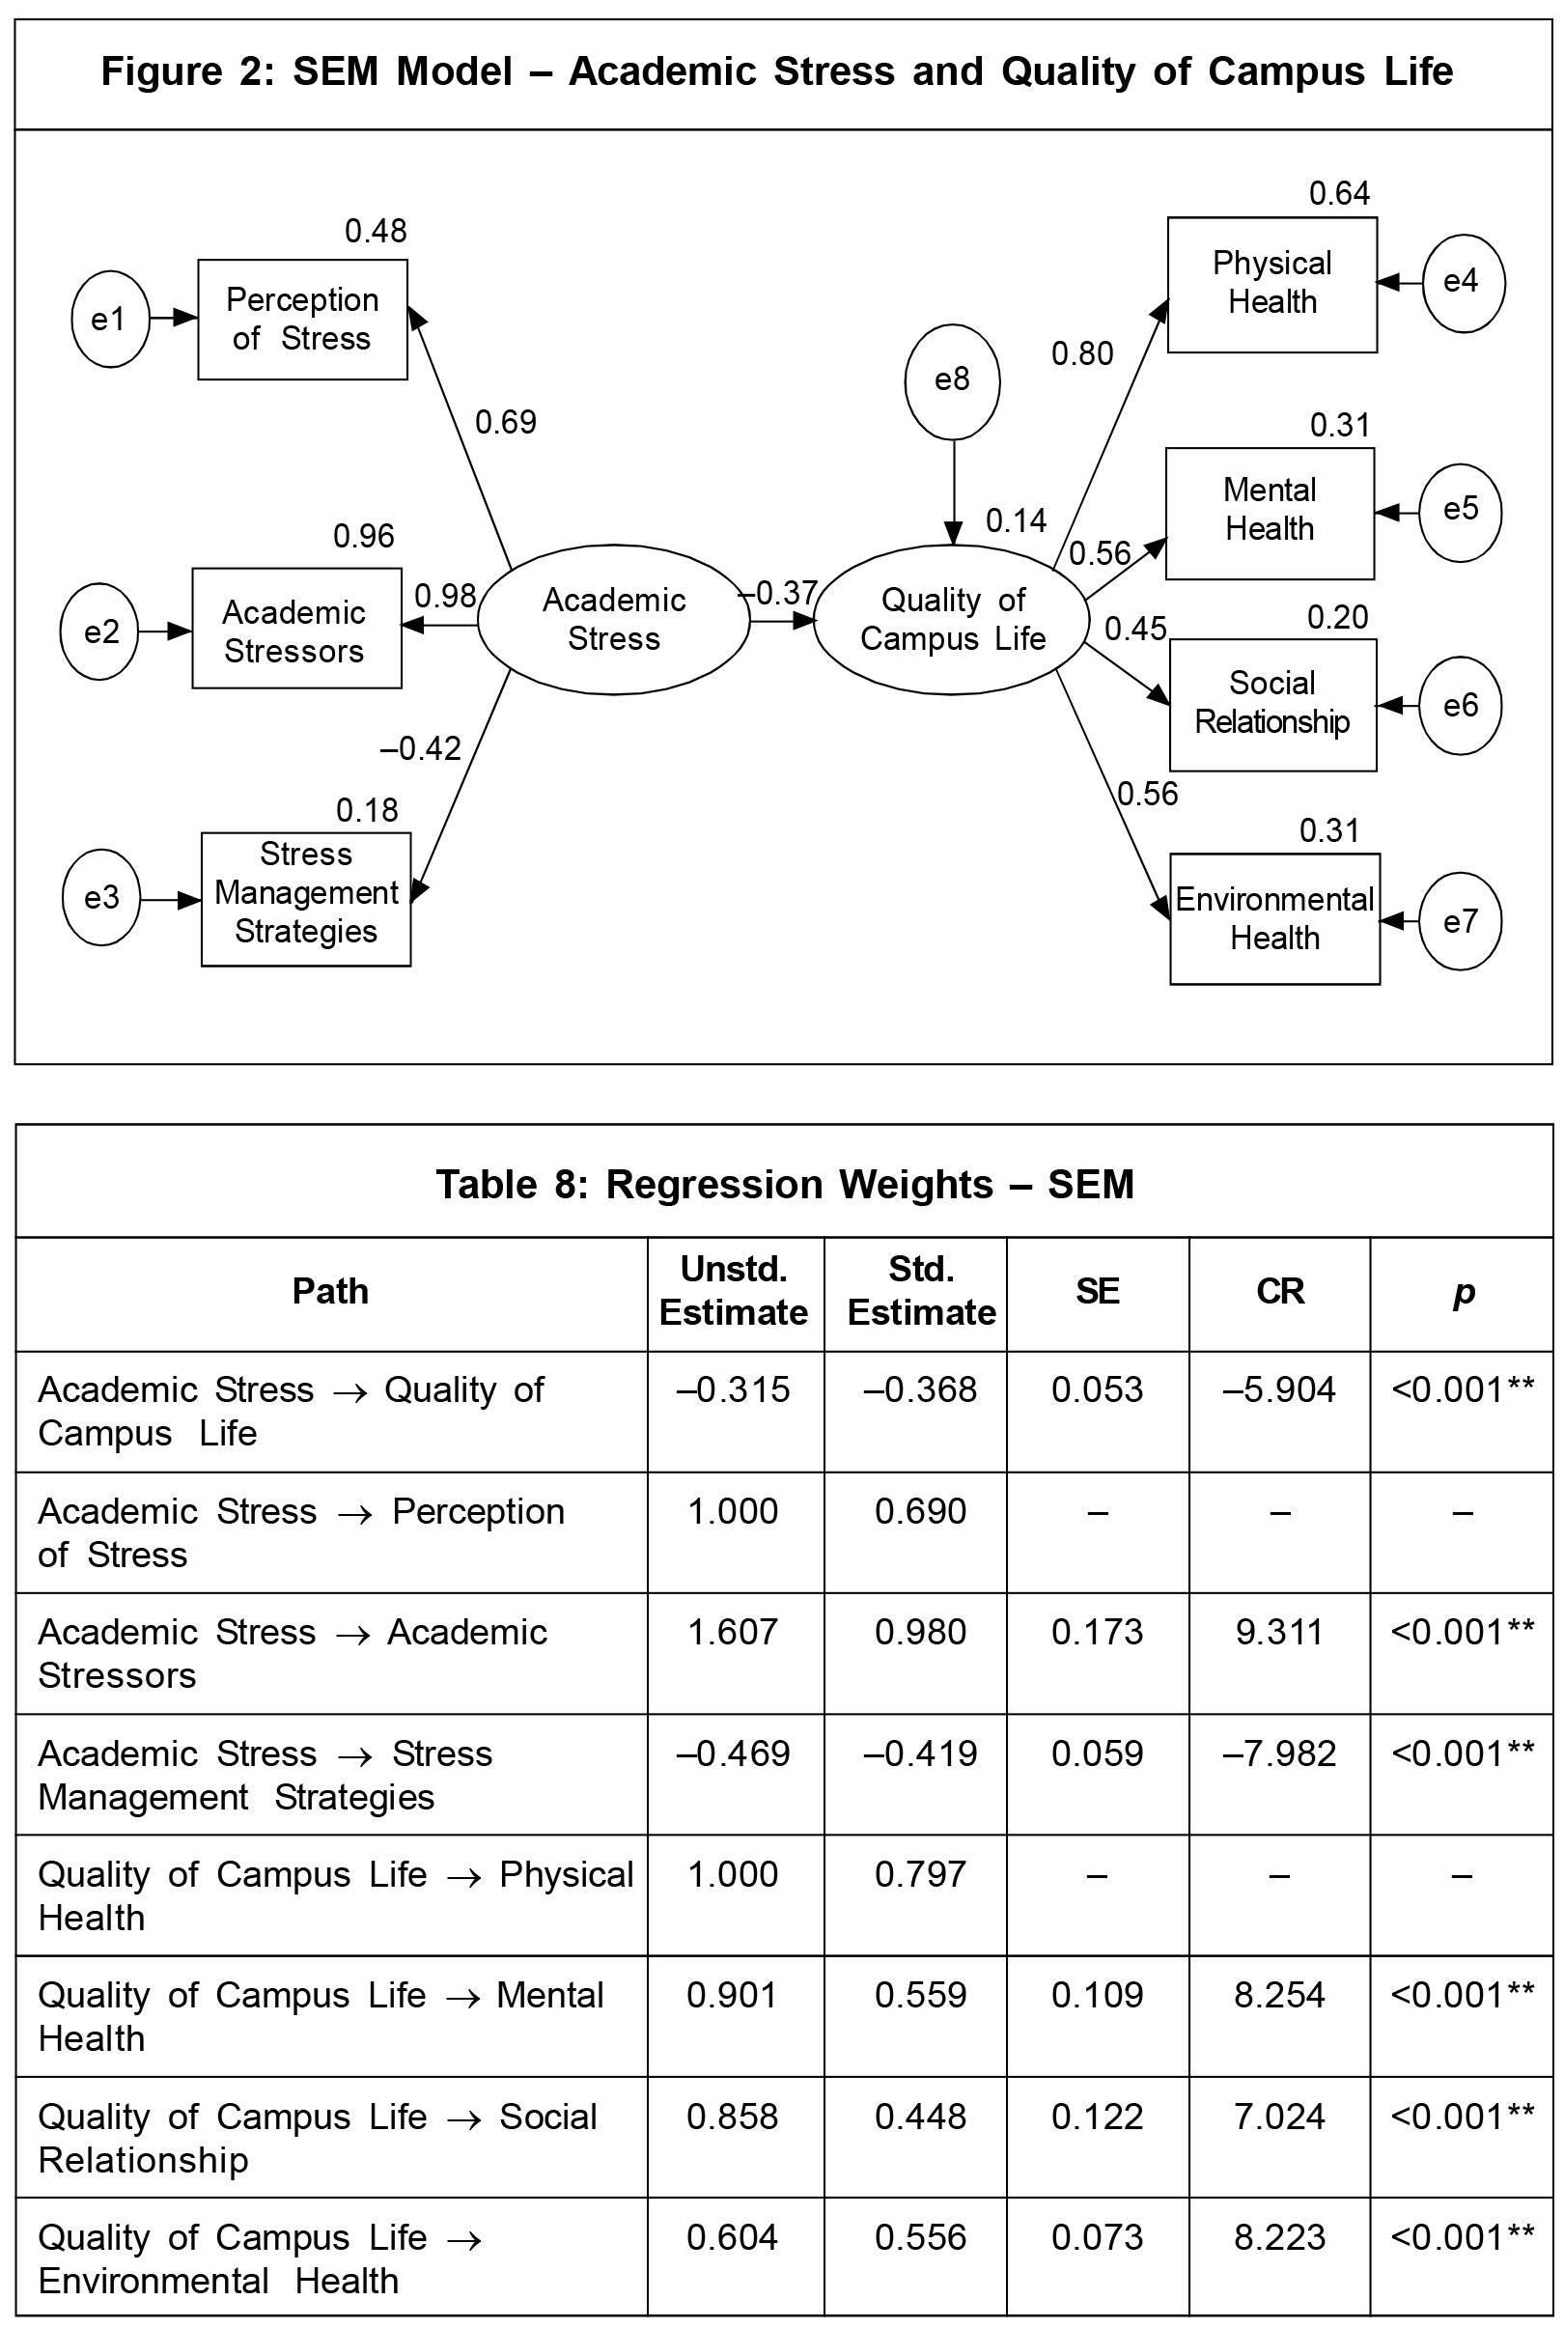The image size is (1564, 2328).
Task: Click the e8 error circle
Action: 952,381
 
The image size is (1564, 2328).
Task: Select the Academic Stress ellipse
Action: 613,619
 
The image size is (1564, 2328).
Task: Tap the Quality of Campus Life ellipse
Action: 952,619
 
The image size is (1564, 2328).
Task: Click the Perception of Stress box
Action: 302,320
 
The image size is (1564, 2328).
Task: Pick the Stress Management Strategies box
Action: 305,899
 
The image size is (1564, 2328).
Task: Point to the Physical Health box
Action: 1271,284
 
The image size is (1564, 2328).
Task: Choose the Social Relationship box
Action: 1271,704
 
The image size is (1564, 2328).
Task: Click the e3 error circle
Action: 101,898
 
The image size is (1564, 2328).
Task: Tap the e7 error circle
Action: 1461,920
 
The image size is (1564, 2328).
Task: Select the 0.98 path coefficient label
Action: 445,597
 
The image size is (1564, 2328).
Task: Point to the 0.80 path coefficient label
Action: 1082,354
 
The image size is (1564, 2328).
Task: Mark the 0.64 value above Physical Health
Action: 1340,193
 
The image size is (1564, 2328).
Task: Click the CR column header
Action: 1280,1292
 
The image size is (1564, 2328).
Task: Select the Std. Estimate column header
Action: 921,1292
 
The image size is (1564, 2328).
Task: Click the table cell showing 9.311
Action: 1279,1633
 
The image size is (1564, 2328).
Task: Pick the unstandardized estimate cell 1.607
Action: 733,1633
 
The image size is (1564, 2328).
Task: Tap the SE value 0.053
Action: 1097,1390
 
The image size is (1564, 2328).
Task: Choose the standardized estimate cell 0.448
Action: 921,2117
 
